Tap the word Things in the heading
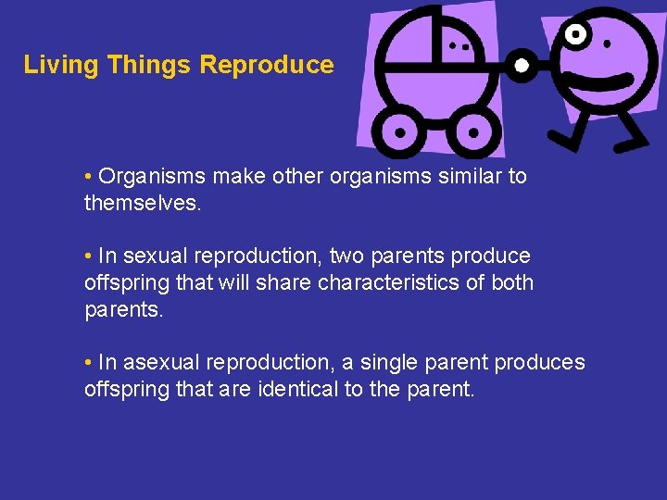(150, 65)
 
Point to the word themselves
(142, 202)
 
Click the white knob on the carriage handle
(522, 66)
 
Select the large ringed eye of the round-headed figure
(577, 35)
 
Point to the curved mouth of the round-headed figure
(602, 81)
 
